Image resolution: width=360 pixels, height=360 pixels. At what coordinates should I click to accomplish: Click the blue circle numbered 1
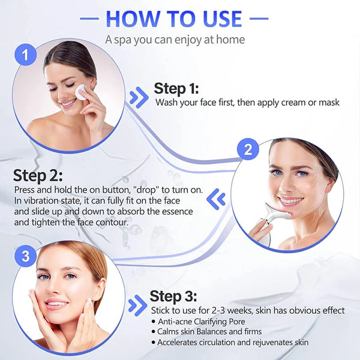[x=25, y=57]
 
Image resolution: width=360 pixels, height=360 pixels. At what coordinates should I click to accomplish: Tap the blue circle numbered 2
[x=247, y=150]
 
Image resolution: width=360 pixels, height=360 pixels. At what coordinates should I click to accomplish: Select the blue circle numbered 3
[x=25, y=257]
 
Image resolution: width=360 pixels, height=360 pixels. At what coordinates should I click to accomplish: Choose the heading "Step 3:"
[x=172, y=296]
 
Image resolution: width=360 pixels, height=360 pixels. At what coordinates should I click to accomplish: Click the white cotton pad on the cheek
[x=79, y=92]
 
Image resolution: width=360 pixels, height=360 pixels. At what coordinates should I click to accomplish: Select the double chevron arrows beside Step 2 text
[x=218, y=198]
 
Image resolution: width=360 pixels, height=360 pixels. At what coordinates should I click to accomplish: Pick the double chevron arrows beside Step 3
[x=137, y=304]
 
